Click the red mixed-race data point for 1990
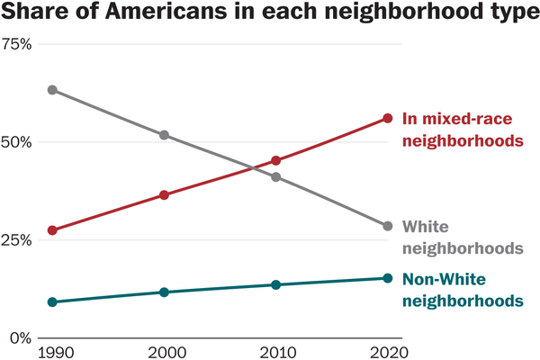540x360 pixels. [x=52, y=230]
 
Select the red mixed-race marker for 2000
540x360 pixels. [x=164, y=194]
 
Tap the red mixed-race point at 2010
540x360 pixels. [x=276, y=161]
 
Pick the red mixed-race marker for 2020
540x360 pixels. [x=388, y=118]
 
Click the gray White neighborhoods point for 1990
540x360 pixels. [x=52, y=90]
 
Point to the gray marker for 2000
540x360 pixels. [x=164, y=135]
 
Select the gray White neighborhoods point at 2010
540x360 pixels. [x=276, y=176]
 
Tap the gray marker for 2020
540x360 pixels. [x=388, y=226]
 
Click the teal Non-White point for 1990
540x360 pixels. [x=52, y=302]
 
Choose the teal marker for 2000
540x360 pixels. [x=164, y=292]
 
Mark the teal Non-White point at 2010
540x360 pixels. [x=276, y=284]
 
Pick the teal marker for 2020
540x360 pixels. [x=388, y=278]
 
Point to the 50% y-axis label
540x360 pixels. [x=16, y=142]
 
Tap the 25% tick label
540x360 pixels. [x=16, y=240]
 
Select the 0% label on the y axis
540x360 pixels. [x=20, y=337]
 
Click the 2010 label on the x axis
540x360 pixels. [x=276, y=351]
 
